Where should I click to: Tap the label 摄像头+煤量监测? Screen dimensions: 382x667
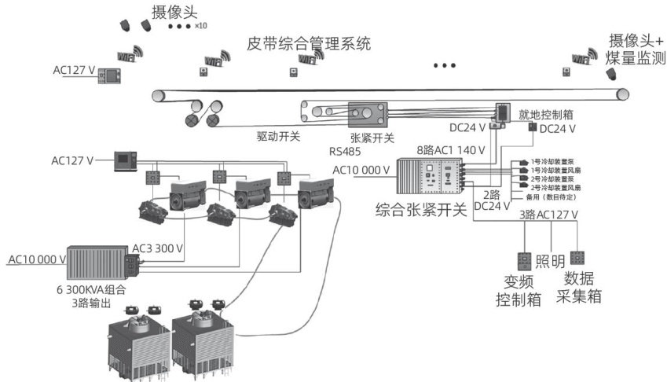point(636,50)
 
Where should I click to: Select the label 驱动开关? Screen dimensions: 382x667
point(278,135)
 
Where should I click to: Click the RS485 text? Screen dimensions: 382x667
point(344,150)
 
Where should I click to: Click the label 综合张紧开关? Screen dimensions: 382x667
point(421,210)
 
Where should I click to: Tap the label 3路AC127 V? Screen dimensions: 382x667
point(548,215)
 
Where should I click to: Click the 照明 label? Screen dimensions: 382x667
point(550,261)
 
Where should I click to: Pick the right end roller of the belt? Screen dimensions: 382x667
point(622,94)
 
